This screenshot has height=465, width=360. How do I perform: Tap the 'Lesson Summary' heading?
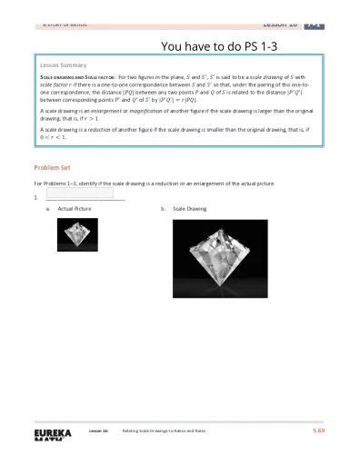(x=59, y=66)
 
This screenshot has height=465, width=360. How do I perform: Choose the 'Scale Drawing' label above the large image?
(x=190, y=209)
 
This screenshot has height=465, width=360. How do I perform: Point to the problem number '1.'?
(x=35, y=196)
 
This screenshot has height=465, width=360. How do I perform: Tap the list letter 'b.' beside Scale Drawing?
(x=163, y=209)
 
